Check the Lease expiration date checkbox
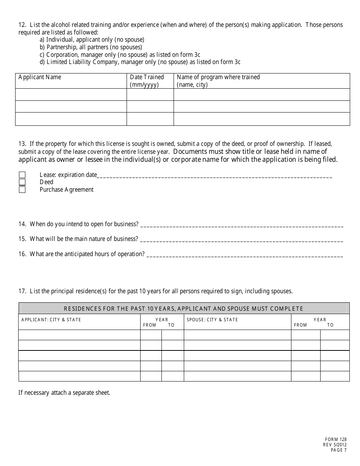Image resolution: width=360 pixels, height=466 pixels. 22,175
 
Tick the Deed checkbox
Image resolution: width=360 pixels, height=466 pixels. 22,182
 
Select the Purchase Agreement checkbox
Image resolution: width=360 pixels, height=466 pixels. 22,189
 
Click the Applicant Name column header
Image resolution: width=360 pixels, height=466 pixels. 40,77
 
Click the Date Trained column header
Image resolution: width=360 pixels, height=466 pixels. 147,81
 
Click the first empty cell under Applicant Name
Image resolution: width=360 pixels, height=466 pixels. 71,94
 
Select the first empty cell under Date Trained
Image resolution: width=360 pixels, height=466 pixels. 150,94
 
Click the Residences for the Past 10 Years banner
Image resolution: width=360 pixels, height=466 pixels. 184,308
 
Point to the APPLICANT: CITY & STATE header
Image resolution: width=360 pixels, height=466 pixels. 51,320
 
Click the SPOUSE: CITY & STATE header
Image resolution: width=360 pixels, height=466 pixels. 212,320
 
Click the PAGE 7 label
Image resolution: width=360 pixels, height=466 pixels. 338,450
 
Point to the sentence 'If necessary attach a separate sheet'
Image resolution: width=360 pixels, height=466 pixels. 64,393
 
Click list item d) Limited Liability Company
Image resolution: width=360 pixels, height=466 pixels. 140,62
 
